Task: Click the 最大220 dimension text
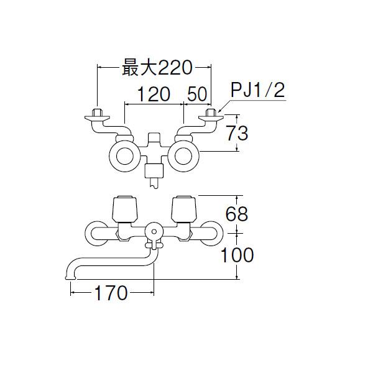coord(157,68)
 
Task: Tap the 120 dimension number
coord(154,94)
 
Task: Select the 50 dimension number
coord(197,94)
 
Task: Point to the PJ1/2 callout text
coord(258,90)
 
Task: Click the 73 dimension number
coord(237,133)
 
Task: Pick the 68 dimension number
coord(237,214)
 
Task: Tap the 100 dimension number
coord(237,255)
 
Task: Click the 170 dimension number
coord(111,293)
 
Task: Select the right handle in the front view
coord(184,208)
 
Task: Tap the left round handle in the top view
coord(125,156)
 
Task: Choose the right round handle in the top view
coord(183,156)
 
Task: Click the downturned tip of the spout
coord(70,277)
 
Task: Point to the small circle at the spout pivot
coord(154,231)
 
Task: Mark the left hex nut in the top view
coord(97,113)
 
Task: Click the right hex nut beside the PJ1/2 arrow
coord(211,113)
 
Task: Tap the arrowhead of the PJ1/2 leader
coord(220,111)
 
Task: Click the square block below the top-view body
coord(154,171)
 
